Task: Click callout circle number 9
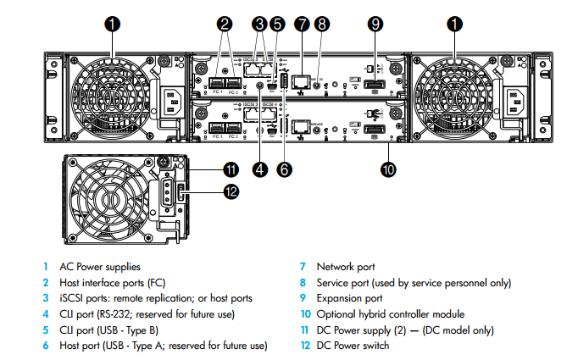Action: [376, 25]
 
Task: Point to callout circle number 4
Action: [260, 169]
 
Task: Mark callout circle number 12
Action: [229, 191]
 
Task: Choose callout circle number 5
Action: [277, 25]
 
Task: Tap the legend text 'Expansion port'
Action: [348, 298]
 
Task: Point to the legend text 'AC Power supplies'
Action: [99, 267]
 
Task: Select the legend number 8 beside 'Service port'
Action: [302, 282]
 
